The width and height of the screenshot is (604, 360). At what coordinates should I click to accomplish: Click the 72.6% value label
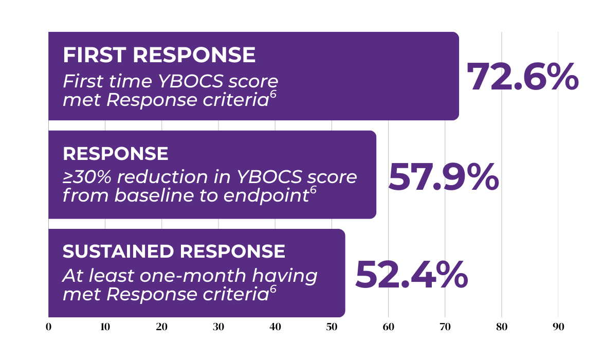(523, 77)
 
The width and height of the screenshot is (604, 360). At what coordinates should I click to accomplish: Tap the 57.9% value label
(444, 177)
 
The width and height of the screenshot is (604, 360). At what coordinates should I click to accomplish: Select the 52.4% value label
(411, 275)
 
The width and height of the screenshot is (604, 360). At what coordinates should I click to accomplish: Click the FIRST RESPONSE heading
(159, 55)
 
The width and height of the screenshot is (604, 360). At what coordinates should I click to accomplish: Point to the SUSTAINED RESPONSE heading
(174, 251)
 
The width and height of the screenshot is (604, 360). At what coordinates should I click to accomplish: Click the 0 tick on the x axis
(48, 327)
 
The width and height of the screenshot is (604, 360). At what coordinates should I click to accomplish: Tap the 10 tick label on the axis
(105, 327)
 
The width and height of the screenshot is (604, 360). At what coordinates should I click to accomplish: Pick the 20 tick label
(162, 327)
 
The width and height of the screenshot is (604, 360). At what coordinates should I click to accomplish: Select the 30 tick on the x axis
(218, 327)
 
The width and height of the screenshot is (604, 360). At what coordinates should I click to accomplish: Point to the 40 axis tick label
(275, 327)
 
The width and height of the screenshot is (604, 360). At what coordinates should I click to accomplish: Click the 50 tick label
(332, 327)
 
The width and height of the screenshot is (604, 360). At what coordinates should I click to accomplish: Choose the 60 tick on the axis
(388, 327)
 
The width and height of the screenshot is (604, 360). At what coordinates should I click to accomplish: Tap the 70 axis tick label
(445, 327)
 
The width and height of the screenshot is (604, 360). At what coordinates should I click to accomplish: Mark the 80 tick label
(502, 327)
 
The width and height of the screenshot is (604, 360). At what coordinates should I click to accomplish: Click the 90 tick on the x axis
(558, 327)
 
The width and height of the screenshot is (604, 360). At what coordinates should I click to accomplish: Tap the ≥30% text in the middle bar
(87, 177)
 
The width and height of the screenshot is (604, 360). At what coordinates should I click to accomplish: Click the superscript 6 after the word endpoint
(313, 190)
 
